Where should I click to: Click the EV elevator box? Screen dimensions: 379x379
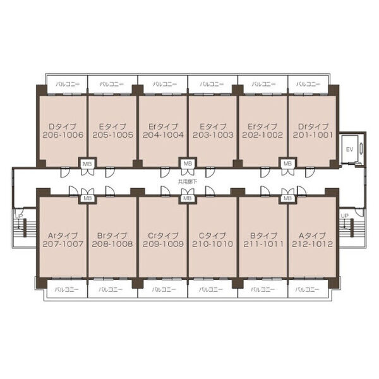[349, 149]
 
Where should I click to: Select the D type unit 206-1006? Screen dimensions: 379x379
[63, 131]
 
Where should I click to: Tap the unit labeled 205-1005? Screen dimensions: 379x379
[112, 131]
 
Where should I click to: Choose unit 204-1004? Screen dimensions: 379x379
[163, 131]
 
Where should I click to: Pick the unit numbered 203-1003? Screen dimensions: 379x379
[213, 131]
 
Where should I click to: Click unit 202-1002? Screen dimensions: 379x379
[263, 131]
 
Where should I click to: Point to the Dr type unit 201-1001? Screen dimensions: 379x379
[313, 131]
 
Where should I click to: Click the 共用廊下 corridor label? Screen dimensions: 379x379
[188, 181]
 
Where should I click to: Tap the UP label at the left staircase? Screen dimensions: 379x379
[19, 216]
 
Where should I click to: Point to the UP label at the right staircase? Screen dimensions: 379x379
[344, 215]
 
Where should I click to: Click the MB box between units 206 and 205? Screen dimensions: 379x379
[87, 164]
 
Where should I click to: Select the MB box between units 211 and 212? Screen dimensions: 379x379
[287, 198]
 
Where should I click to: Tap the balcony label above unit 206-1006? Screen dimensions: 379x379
[68, 84]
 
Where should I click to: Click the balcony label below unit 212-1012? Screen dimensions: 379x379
[308, 289]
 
